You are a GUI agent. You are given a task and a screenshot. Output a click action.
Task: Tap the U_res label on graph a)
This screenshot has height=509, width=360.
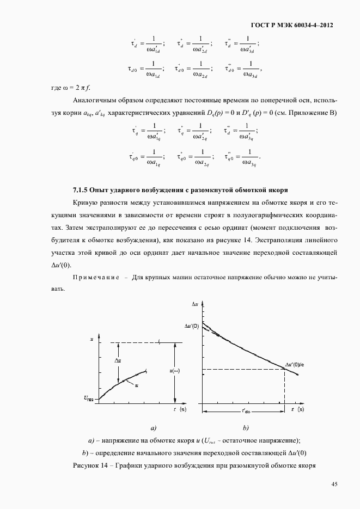89,398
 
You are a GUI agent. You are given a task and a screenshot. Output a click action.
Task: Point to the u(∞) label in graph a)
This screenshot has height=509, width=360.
175,371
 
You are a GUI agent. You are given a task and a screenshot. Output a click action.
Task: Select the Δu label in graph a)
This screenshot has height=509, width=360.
118,360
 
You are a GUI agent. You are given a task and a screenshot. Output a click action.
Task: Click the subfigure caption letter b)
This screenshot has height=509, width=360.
246,427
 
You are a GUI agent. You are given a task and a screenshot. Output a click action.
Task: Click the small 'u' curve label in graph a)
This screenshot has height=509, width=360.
137,385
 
